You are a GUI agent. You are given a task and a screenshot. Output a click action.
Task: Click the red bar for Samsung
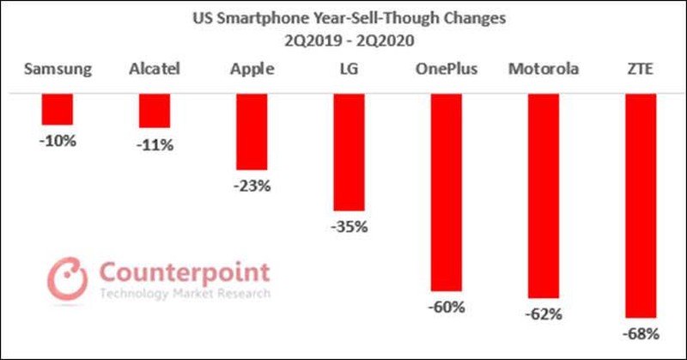[58, 109]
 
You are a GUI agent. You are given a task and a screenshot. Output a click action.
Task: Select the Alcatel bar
[155, 111]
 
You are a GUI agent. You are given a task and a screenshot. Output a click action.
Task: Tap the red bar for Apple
[252, 131]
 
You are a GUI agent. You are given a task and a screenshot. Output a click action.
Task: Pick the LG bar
[350, 152]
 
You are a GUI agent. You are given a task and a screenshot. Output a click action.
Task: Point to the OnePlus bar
[447, 192]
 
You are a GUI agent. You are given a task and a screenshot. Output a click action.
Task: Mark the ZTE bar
[641, 205]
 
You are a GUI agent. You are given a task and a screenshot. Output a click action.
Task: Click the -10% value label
[58, 139]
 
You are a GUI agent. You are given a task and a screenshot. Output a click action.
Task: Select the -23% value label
[252, 185]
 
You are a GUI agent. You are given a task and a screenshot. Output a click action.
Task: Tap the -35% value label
[350, 227]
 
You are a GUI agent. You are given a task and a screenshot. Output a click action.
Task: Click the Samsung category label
[58, 69]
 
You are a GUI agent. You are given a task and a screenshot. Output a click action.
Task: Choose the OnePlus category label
[447, 69]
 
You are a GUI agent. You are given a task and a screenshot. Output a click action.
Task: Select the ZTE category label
[641, 69]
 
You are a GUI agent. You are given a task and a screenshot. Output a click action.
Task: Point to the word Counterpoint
[185, 273]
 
